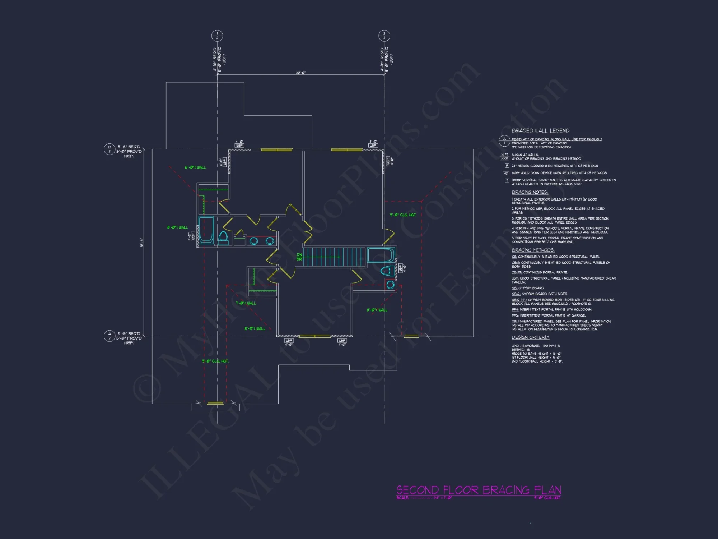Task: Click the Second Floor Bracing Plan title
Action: (x=479, y=490)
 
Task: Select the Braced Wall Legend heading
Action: (x=540, y=130)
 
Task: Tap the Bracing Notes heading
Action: (x=530, y=192)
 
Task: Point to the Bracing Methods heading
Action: (x=533, y=250)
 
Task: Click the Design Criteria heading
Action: (x=530, y=337)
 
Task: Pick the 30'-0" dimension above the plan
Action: (x=300, y=73)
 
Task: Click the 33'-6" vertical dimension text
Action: (x=142, y=243)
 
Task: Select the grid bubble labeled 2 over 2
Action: (x=384, y=36)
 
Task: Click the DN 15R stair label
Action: (x=299, y=257)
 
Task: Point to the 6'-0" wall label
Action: (x=195, y=167)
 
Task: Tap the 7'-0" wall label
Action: (x=246, y=303)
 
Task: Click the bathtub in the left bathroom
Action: (x=206, y=230)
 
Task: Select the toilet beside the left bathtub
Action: (x=223, y=238)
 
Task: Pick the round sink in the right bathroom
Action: (x=390, y=285)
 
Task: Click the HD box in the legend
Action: (x=506, y=173)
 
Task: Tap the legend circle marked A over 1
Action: (x=504, y=141)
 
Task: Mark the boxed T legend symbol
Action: (x=507, y=181)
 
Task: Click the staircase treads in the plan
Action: (x=334, y=257)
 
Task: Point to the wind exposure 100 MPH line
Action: (x=535, y=346)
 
